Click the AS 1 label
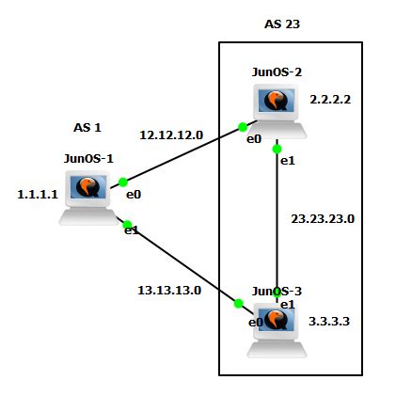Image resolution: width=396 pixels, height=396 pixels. [87, 127]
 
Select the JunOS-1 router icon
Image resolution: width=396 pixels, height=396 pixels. [87, 195]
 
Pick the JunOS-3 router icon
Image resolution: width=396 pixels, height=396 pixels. [276, 329]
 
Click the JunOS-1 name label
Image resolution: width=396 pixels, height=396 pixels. [88, 157]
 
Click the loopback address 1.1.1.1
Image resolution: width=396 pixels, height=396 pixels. [38, 194]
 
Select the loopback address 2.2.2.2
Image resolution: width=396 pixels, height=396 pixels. [330, 98]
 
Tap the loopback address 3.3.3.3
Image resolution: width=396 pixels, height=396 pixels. [330, 321]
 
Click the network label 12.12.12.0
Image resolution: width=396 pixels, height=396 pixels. [172, 135]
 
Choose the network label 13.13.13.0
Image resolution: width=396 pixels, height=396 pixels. [170, 290]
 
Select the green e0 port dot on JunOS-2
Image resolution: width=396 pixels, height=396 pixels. [243, 126]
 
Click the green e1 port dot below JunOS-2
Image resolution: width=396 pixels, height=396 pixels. [277, 149]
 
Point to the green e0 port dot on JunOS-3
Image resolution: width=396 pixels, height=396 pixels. [239, 303]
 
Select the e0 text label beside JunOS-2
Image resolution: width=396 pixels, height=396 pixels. [253, 139]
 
